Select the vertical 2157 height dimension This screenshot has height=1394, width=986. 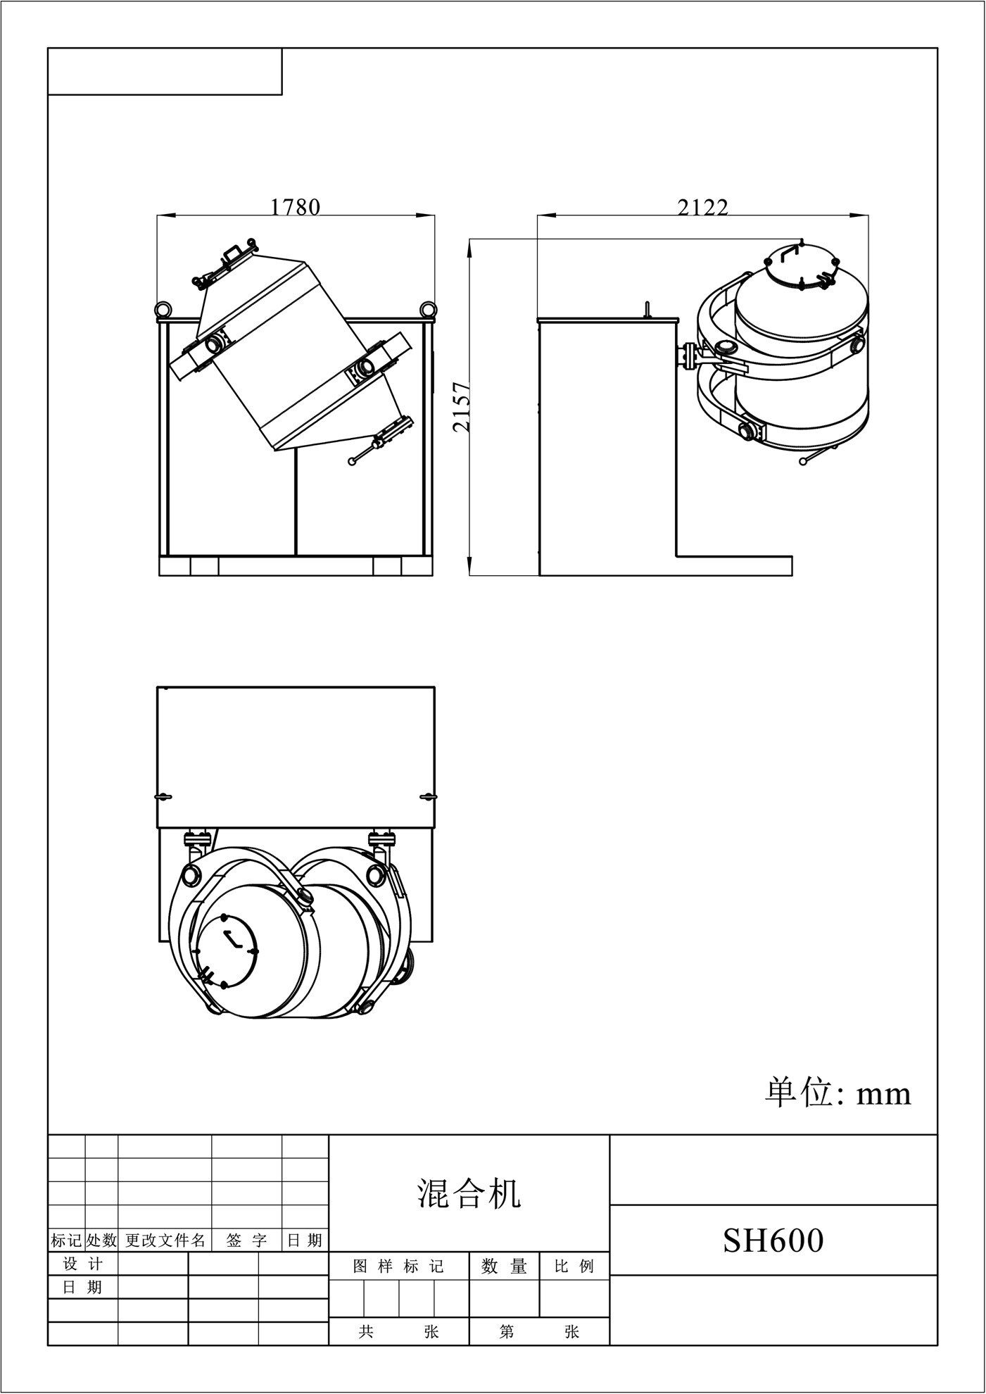pyautogui.click(x=462, y=407)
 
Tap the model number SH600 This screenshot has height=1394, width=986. pyautogui.click(x=773, y=1240)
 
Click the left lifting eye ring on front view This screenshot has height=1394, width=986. pyautogui.click(x=163, y=309)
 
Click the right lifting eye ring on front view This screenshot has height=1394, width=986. pyautogui.click(x=426, y=309)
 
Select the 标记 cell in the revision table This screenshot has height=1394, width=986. pyautogui.click(x=66, y=1240)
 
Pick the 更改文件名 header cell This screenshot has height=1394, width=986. pyautogui.click(x=165, y=1240)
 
